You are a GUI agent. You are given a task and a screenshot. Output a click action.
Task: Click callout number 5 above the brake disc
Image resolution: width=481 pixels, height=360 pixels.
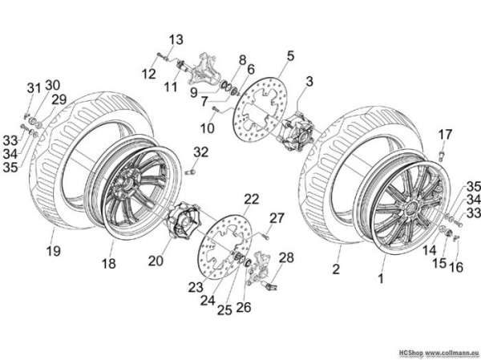click(x=290, y=56)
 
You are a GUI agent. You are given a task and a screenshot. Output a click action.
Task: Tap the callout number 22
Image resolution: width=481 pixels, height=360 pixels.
click(x=252, y=199)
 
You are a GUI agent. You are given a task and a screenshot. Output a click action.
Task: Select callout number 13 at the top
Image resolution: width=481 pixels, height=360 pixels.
click(x=176, y=39)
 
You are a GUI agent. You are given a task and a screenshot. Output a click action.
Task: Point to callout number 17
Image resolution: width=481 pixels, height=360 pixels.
click(x=445, y=135)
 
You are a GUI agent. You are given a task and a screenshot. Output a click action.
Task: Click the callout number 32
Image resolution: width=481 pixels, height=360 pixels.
click(x=201, y=152)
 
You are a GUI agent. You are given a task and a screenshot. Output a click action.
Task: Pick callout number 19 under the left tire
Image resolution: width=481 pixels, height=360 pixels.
click(x=54, y=251)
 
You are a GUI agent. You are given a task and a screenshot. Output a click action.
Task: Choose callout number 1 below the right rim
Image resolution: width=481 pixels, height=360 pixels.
click(x=381, y=279)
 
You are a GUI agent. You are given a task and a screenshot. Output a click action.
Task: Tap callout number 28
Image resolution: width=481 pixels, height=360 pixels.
click(x=286, y=258)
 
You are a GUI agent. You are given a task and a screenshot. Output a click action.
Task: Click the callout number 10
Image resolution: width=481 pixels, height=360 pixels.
click(x=208, y=128)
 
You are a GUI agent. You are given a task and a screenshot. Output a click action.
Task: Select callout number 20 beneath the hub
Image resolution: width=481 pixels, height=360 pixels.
click(x=156, y=261)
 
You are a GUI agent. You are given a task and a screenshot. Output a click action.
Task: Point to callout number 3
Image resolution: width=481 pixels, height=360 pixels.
click(x=309, y=82)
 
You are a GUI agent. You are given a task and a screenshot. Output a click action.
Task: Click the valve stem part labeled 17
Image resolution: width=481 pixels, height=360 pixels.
click(x=442, y=156)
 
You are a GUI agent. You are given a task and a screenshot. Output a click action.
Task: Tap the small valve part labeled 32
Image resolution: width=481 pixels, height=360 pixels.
click(x=191, y=172)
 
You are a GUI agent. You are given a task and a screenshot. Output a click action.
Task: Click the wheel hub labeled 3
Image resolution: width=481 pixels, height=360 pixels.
click(x=297, y=131)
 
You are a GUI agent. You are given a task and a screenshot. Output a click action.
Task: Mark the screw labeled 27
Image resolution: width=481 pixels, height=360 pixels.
click(x=265, y=236)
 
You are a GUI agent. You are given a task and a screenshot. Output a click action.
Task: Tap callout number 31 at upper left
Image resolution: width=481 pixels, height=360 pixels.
click(x=34, y=88)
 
